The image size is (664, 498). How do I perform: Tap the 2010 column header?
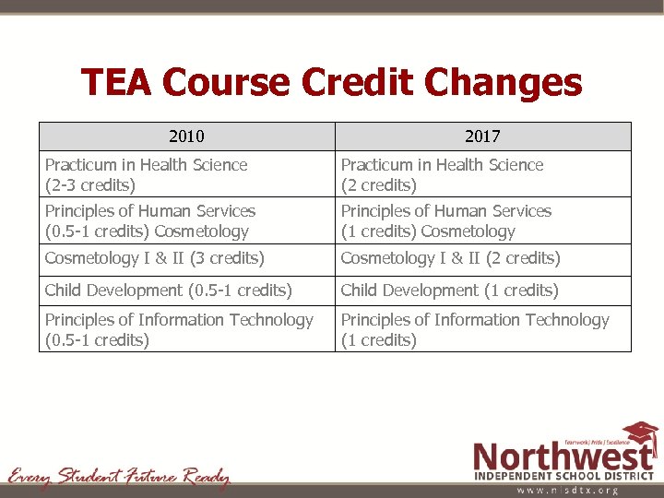(186, 136)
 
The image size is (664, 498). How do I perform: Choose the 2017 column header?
(482, 136)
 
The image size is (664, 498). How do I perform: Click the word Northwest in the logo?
(563, 456)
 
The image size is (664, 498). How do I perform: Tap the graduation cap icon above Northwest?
(639, 433)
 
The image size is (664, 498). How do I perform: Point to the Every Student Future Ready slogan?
(118, 477)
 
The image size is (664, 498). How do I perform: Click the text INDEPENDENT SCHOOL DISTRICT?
(565, 476)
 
